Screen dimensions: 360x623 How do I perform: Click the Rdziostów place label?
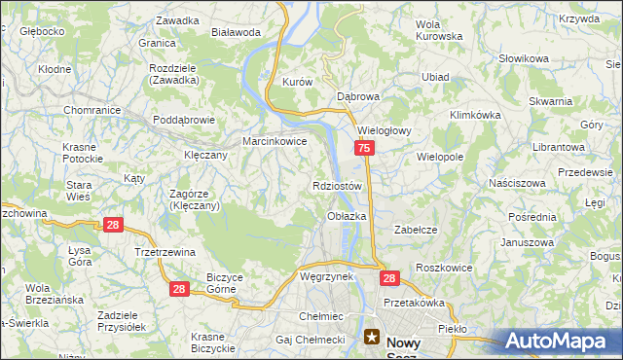tap(338, 186)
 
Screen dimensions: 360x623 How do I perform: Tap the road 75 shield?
tap(363, 148)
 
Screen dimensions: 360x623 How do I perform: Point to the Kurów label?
tap(296, 83)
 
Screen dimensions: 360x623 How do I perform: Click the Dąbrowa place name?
tap(357, 97)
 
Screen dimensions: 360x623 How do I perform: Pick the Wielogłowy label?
tap(386, 129)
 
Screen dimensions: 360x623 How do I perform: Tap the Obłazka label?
tap(347, 216)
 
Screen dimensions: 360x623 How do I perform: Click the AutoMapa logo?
tap(560, 342)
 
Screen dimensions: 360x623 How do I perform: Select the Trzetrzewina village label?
tap(165, 251)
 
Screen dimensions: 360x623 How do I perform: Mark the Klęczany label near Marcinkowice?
tap(205, 155)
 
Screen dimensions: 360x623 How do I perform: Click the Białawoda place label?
tap(236, 32)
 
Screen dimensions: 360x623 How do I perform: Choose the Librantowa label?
tap(558, 146)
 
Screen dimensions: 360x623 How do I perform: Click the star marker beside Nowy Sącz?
tap(372, 338)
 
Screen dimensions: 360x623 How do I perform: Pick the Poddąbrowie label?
tap(183, 121)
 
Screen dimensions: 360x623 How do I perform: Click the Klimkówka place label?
tap(475, 115)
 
